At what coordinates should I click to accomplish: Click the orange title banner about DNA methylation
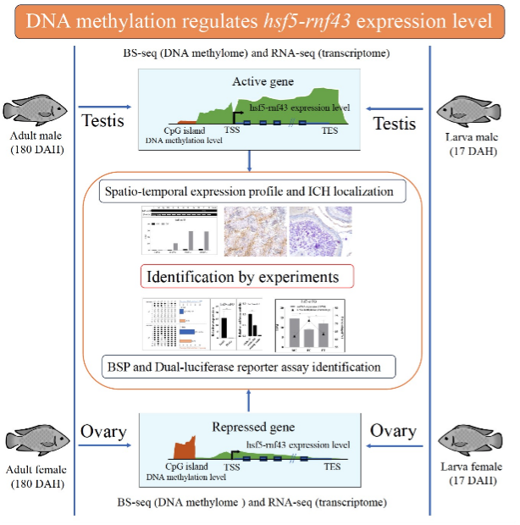[x=259, y=20]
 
